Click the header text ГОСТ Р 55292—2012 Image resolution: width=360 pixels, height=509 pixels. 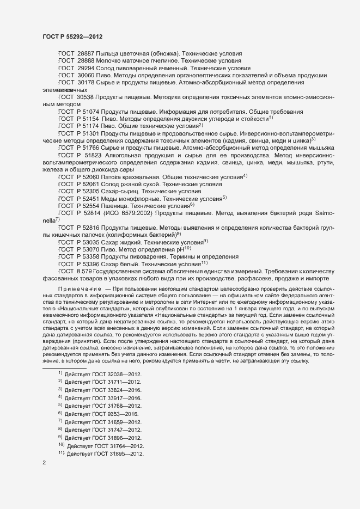pos(72,36)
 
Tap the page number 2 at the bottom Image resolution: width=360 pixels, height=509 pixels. pos(44,463)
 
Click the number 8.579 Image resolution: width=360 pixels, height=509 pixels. pos(84,271)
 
